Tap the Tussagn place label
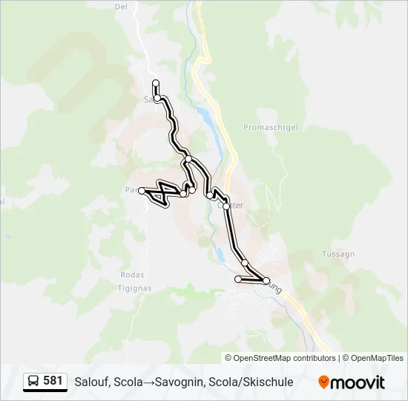tap(338, 254)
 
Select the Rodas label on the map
tap(131, 274)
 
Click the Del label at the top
tap(121, 7)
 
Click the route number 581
tap(53, 381)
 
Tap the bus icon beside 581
tap(33, 382)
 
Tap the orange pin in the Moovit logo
tap(323, 382)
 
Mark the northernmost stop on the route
tap(156, 82)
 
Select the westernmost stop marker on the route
tap(142, 191)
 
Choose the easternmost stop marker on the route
tap(266, 280)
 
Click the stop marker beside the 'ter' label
tap(226, 206)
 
